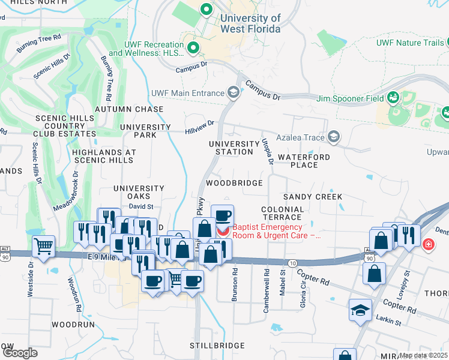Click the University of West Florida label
click(250, 23)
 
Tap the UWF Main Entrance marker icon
click(233, 92)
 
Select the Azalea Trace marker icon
click(334, 137)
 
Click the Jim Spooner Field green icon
click(394, 97)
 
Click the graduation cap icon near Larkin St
click(360, 310)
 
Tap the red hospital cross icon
click(429, 244)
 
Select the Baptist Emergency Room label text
click(276, 232)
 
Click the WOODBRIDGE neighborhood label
click(234, 183)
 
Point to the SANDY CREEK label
click(313, 197)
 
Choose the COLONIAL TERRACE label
click(282, 213)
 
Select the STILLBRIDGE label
click(217, 346)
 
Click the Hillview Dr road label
click(200, 125)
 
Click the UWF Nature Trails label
click(411, 43)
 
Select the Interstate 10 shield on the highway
click(292, 263)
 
